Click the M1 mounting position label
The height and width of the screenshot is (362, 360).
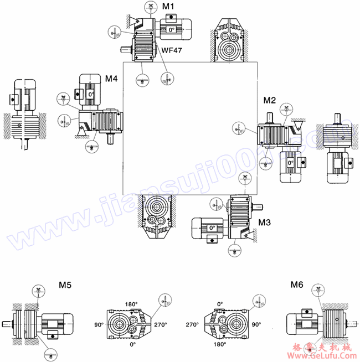169,6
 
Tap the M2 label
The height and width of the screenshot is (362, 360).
269,100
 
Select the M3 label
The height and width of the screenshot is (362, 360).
265,223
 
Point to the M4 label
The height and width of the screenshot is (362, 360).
111,79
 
